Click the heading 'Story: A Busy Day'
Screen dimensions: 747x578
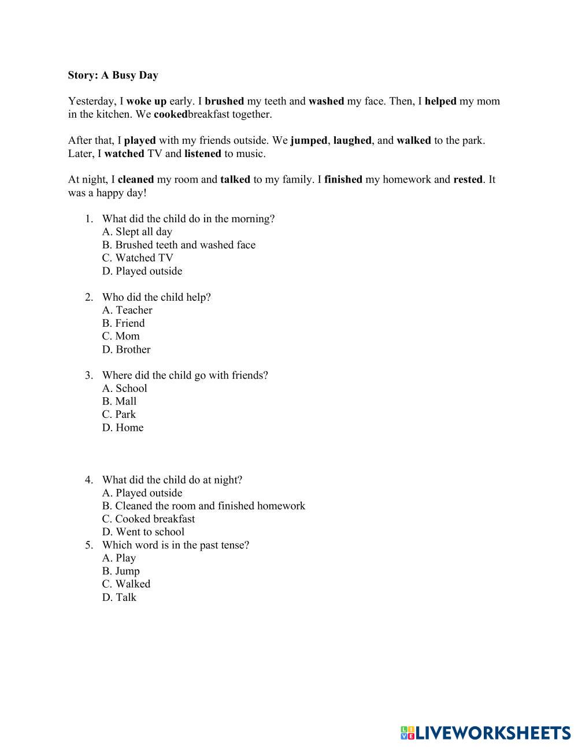click(113, 75)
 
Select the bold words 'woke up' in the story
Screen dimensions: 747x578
click(146, 101)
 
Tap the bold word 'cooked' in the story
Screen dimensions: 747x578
click(171, 114)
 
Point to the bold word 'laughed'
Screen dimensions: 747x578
click(353, 140)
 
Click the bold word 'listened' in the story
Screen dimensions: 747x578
click(202, 154)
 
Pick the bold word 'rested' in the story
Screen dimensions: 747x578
click(468, 180)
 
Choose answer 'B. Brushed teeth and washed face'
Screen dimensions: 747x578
click(179, 245)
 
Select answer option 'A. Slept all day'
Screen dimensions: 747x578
click(137, 232)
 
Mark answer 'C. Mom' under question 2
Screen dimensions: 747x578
click(121, 336)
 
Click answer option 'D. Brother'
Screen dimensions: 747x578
click(126, 349)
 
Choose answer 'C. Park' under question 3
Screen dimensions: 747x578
click(119, 414)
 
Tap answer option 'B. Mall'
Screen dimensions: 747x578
click(119, 401)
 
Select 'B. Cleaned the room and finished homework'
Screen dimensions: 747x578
click(203, 506)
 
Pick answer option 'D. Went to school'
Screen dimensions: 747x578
click(143, 532)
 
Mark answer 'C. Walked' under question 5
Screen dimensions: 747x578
click(126, 584)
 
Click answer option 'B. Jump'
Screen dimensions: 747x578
click(121, 571)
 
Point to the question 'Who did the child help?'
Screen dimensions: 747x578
click(156, 297)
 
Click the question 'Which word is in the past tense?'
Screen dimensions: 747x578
click(176, 545)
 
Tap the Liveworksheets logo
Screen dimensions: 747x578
click(485, 733)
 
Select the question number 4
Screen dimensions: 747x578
click(89, 480)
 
